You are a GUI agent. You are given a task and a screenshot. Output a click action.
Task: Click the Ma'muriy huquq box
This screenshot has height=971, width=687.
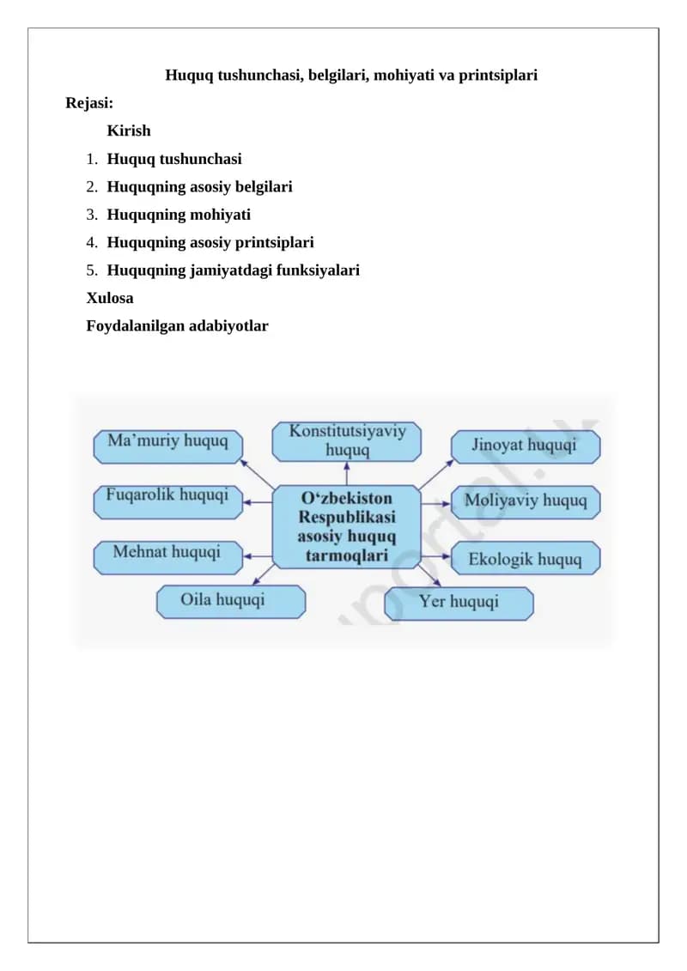pos(167,446)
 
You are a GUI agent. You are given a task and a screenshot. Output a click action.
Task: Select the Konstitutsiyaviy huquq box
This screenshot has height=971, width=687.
pos(346,441)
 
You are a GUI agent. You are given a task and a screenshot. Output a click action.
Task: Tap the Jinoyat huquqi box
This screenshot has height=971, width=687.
pos(526,446)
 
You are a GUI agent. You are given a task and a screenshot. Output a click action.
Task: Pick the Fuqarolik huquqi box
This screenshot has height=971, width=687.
pos(167,501)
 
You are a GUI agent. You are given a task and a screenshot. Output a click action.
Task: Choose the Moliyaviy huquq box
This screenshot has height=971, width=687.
pos(526,501)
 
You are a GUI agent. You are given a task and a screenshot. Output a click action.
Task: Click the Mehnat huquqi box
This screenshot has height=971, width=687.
pos(167,557)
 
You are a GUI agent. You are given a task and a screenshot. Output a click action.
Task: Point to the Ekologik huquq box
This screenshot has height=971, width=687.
pos(526,558)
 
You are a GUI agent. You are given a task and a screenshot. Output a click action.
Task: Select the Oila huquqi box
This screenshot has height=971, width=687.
pos(230,602)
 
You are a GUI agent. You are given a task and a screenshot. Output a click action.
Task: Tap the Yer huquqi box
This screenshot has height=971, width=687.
pos(459,604)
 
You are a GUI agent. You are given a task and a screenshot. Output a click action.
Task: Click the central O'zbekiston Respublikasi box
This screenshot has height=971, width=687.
pos(346,527)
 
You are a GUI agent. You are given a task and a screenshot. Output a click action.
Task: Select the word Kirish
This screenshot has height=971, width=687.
pos(129,130)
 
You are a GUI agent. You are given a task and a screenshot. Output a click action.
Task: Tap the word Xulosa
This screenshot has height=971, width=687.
pos(110,298)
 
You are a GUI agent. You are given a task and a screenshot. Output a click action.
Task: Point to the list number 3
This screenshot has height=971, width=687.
pos(92,215)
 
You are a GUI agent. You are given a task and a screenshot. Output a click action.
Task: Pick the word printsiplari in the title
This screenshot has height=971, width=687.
pos(498,76)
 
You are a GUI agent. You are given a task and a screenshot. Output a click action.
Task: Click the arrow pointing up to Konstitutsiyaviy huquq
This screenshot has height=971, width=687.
pos(346,474)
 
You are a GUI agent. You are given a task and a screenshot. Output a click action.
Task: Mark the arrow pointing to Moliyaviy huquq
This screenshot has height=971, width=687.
pos(435,504)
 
